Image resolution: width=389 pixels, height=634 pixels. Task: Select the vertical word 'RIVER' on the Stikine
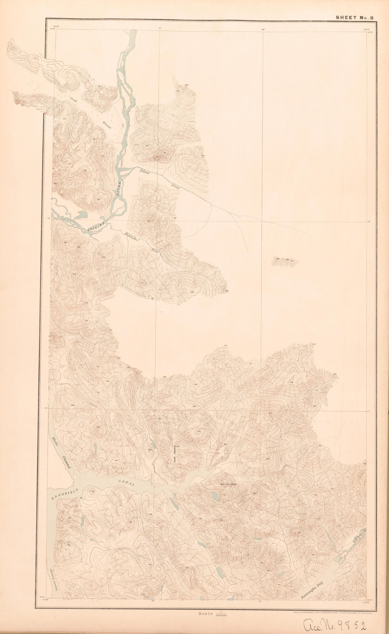119,188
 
